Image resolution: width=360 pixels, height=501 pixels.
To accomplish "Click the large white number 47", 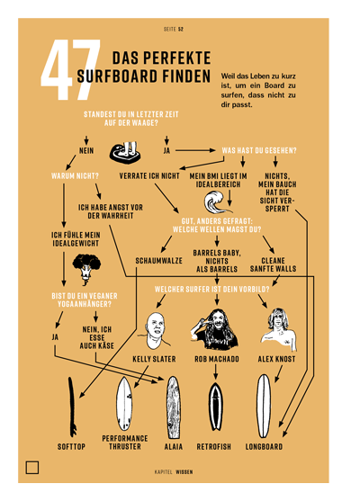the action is click(x=71, y=69).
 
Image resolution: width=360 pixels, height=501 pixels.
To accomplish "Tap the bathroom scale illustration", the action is click(x=126, y=153).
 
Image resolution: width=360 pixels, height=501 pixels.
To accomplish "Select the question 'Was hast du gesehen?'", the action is click(x=259, y=150).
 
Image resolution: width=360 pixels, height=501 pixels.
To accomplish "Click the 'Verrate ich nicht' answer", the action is click(x=149, y=176).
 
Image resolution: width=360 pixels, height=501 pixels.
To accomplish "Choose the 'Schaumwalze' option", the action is click(x=159, y=261).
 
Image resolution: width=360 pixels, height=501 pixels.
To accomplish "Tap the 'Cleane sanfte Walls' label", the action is click(x=273, y=264).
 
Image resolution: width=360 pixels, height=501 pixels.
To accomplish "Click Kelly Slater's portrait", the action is click(x=155, y=331).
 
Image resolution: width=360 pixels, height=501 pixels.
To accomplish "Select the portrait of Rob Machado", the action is click(x=216, y=329).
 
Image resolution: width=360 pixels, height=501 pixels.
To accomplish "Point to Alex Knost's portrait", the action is click(x=279, y=330).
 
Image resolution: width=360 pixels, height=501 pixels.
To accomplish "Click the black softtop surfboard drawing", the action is click(x=73, y=407).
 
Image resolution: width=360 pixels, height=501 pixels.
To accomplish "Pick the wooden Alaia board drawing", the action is click(x=173, y=407).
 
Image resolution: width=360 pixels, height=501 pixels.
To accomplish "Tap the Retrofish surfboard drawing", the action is click(x=216, y=407).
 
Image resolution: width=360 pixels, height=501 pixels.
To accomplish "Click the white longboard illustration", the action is click(x=264, y=406).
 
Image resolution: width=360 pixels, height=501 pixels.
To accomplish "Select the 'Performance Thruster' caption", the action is click(x=125, y=443).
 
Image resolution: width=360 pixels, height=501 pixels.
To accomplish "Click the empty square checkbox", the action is click(x=32, y=468).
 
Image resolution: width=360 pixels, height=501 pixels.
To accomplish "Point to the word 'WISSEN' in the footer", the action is click(x=184, y=472).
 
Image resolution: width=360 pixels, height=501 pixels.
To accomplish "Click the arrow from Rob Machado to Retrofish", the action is click(x=216, y=371).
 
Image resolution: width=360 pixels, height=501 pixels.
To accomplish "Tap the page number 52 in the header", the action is click(x=181, y=29).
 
